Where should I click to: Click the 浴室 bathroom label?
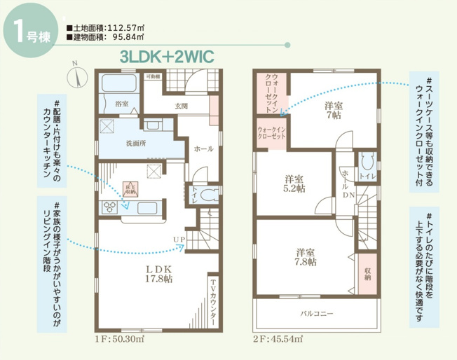pos(121,104)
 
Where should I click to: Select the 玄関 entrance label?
pos(181,106)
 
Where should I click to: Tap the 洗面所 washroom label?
pos(135,143)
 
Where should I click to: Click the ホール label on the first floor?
pos(203,148)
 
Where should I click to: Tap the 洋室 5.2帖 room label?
pos(294,183)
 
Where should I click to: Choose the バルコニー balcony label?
pos(317,314)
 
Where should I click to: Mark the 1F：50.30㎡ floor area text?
pos(119,339)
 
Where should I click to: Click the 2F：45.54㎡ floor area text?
pos(279,339)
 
